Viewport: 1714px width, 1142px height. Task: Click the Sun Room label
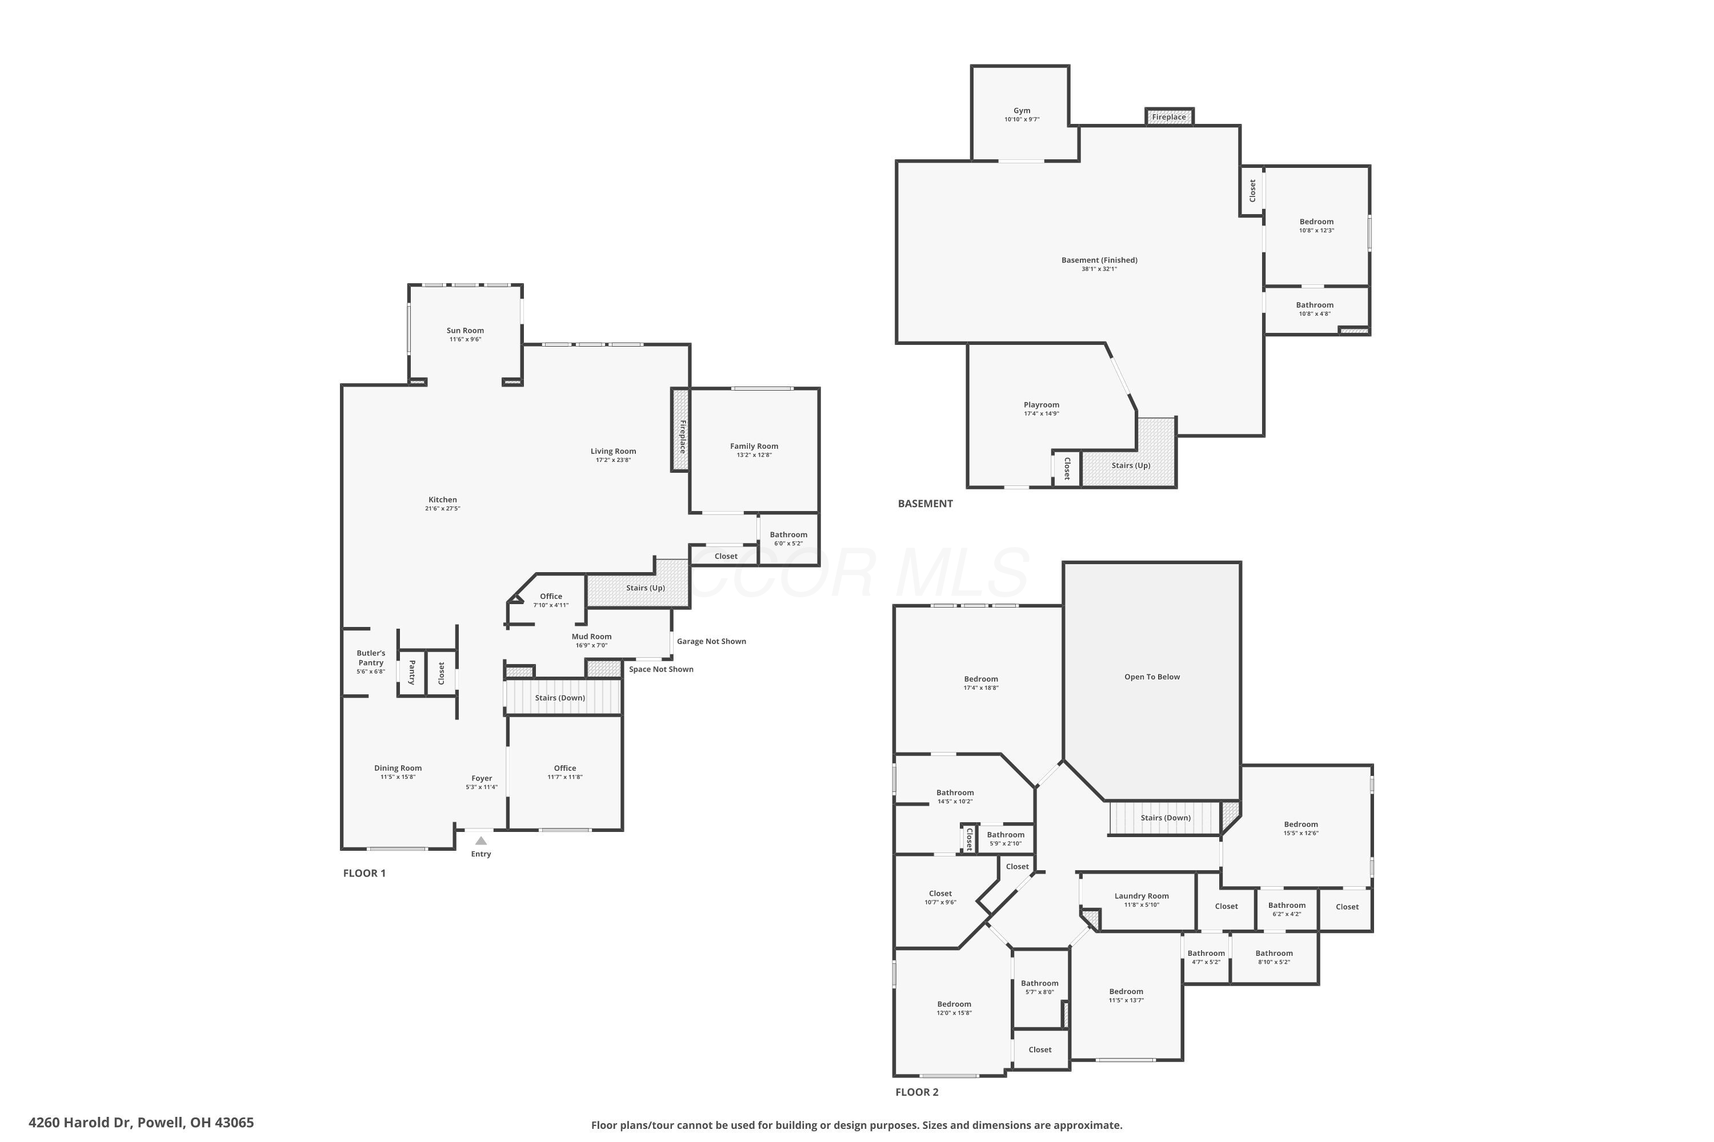coord(465,331)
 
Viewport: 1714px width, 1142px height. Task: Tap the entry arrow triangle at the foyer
coord(481,841)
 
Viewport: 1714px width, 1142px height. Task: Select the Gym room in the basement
coord(1022,114)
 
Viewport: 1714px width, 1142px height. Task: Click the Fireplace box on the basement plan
coord(1169,116)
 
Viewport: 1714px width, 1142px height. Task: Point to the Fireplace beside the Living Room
coord(680,430)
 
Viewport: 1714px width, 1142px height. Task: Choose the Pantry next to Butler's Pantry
coord(412,672)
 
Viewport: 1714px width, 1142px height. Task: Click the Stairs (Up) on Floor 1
coord(645,588)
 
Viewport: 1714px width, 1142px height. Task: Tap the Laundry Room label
coord(1141,896)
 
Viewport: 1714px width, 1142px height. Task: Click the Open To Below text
coord(1151,677)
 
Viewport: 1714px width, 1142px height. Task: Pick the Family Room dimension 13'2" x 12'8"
coord(754,455)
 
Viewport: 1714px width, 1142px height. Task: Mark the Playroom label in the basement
coord(1040,405)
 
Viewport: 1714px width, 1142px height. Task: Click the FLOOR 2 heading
coord(917,1092)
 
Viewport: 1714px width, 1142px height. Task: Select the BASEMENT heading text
coord(925,503)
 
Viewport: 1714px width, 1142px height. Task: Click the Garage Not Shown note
coord(711,642)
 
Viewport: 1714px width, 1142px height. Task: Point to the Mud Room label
coord(591,637)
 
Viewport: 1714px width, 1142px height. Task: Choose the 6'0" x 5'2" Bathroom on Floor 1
coord(788,538)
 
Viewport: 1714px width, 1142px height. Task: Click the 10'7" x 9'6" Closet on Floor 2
coord(940,897)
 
